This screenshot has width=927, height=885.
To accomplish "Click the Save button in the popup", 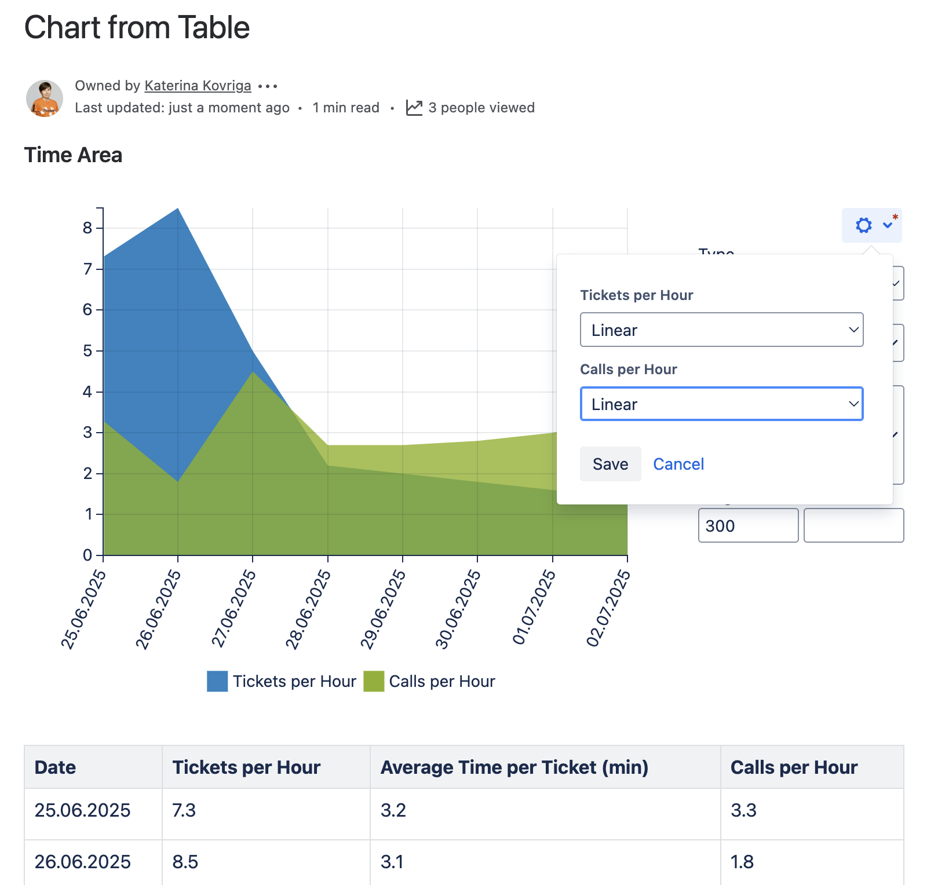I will click(x=610, y=464).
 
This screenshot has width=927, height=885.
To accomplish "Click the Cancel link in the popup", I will click(x=678, y=464).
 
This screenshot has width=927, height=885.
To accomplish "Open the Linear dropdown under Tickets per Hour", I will click(x=721, y=330).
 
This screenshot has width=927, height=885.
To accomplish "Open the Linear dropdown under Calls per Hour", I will click(x=721, y=404).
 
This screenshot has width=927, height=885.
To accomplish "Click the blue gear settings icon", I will click(x=863, y=225).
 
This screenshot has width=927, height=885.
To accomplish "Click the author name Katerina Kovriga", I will click(x=198, y=86).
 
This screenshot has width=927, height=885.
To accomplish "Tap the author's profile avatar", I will click(x=45, y=98).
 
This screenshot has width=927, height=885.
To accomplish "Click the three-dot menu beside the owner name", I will click(x=268, y=86).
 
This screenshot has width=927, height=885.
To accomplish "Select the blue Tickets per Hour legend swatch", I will click(x=217, y=681).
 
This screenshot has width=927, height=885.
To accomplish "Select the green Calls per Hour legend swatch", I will click(x=374, y=681).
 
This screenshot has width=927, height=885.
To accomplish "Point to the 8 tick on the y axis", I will click(x=88, y=228).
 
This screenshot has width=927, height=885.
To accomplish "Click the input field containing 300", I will click(x=748, y=525).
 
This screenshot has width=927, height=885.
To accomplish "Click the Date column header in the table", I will click(x=56, y=767).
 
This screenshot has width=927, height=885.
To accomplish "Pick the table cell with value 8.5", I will click(x=185, y=862).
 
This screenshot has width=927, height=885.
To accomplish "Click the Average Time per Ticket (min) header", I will click(x=514, y=767).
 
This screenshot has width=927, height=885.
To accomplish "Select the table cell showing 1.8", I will click(x=742, y=862).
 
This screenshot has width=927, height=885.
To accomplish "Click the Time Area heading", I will click(x=73, y=155).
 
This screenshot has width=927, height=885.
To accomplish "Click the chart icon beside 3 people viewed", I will click(x=414, y=108).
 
